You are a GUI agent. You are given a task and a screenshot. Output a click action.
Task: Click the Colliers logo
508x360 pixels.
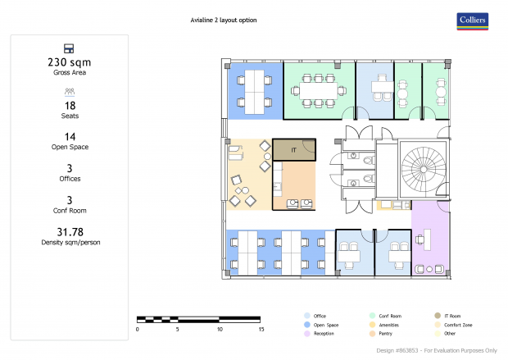tap(473, 21)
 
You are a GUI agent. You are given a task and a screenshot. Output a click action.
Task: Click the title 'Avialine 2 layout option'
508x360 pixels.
tap(224, 21)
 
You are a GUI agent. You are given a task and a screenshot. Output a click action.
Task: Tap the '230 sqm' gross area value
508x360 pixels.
tap(70, 62)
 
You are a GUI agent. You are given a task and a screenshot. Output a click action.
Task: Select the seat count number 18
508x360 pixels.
tap(70, 106)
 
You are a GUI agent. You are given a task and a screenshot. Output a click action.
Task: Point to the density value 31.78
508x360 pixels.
tap(70, 232)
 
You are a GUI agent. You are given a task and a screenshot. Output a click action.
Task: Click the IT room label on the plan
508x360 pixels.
tap(293, 150)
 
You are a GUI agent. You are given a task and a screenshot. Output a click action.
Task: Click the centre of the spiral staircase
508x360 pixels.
tap(424, 169)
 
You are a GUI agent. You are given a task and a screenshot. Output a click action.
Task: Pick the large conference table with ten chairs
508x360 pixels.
tap(319, 91)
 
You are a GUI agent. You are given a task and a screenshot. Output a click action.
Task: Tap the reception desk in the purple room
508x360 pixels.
tap(428, 239)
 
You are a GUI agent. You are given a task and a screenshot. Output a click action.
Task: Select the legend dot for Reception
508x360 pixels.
tap(307, 334)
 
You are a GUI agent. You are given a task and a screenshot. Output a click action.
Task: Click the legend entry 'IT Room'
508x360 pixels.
tap(452, 316)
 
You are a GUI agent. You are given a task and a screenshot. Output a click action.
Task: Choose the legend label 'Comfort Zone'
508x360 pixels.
tap(458, 325)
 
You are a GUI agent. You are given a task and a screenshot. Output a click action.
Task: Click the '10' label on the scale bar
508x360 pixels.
tap(220, 329)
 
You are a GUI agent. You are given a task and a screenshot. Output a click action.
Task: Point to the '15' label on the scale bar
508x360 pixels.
tap(261, 329)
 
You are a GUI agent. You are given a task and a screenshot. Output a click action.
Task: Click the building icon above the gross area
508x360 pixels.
tap(69, 48)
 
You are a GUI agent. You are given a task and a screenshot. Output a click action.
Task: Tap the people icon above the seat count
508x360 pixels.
tap(70, 92)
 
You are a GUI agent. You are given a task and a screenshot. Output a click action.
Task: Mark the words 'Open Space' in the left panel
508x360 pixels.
tap(70, 147)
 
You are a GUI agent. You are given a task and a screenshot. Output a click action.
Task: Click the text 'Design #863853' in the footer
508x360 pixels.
tap(397, 351)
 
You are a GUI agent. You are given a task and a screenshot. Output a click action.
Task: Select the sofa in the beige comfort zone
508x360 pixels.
tap(235, 153)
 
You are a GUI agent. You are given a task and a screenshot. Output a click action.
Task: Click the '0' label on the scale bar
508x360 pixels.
tap(138, 329)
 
